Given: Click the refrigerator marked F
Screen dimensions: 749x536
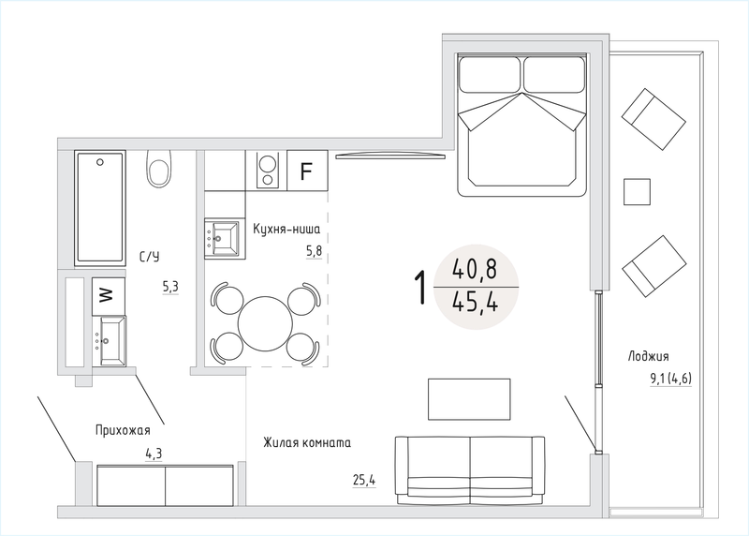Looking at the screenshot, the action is click(x=307, y=171).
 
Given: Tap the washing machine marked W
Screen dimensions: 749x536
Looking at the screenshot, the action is click(x=109, y=295).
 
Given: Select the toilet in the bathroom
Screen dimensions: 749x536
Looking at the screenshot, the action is click(x=159, y=169).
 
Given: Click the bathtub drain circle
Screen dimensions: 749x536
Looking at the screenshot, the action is click(x=100, y=162).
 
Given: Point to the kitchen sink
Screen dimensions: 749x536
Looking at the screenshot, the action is click(x=222, y=238).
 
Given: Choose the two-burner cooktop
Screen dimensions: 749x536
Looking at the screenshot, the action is click(x=267, y=171).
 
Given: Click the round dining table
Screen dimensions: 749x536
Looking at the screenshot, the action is click(x=265, y=323).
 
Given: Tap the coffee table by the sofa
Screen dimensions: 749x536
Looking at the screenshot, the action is click(x=469, y=399).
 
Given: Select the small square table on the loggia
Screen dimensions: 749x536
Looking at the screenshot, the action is click(x=637, y=192).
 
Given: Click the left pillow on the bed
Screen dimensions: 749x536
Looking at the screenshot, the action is click(x=490, y=75).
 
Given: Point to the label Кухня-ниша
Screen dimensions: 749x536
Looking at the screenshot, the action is click(x=286, y=229).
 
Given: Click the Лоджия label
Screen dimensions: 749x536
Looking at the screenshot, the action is click(x=648, y=356).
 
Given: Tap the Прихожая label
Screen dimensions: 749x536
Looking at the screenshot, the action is click(x=123, y=430).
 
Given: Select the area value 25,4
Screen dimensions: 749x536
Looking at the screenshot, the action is click(x=364, y=480).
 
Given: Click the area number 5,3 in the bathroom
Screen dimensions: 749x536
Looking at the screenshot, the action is click(x=170, y=287).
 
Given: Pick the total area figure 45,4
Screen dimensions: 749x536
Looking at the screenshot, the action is click(x=475, y=302).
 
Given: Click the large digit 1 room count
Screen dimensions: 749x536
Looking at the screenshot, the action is click(x=419, y=288).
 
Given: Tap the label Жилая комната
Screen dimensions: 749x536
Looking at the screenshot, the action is click(x=307, y=442).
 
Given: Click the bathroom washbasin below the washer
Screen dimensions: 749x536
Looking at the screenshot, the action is click(x=110, y=340).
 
